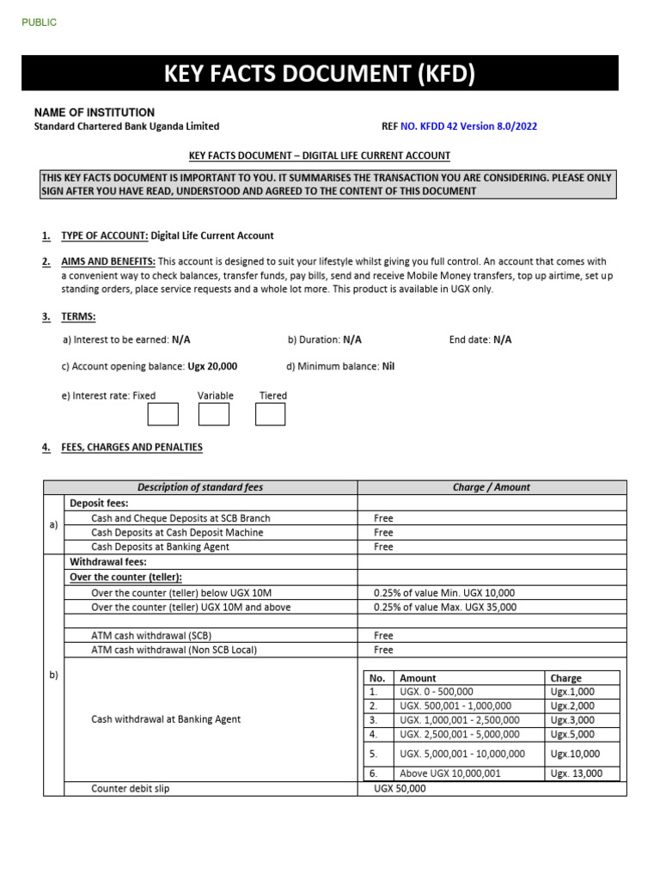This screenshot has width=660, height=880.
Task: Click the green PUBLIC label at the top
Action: pyautogui.click(x=40, y=22)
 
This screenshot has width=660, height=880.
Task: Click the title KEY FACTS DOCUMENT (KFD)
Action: pyautogui.click(x=319, y=75)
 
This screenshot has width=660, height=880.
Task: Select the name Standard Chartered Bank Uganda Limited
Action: pyautogui.click(x=126, y=126)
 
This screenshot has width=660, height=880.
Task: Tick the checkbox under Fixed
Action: pyautogui.click(x=162, y=414)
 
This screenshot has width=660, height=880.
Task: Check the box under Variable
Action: pyautogui.click(x=214, y=414)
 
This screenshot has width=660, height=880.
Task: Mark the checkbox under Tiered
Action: pyautogui.click(x=270, y=414)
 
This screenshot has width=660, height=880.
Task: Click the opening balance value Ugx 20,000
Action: pyautogui.click(x=212, y=366)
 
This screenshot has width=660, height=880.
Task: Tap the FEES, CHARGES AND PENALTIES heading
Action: pyautogui.click(x=131, y=448)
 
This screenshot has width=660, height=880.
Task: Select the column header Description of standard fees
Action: pyautogui.click(x=200, y=487)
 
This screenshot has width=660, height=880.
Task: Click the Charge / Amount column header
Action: pyautogui.click(x=492, y=487)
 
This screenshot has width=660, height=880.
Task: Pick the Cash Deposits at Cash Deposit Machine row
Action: pyautogui.click(x=177, y=533)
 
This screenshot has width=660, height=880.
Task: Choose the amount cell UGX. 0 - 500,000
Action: pyautogui.click(x=437, y=692)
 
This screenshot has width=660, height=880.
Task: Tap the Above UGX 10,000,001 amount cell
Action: pyautogui.click(x=450, y=773)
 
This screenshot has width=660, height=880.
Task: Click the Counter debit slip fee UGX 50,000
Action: pyautogui.click(x=400, y=789)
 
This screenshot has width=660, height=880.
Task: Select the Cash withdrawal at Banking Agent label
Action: pyautogui.click(x=166, y=719)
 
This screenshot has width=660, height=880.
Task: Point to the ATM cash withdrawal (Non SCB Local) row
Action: pyautogui.click(x=174, y=651)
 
